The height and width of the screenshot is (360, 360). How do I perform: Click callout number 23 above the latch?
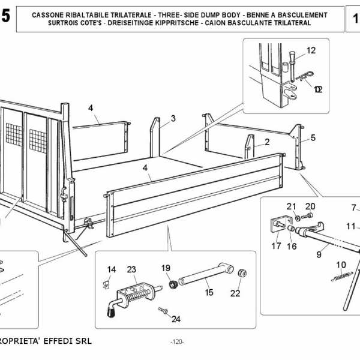point(132,269)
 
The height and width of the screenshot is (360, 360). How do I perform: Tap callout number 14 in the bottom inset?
point(112,269)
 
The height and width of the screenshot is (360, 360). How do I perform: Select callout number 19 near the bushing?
point(166,268)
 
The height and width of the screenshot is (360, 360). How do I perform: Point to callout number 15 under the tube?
point(209,293)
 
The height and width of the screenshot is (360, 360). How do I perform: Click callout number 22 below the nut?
point(235,293)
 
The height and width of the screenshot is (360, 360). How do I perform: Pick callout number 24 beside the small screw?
point(176,319)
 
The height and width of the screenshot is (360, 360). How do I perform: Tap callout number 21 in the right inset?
point(291,207)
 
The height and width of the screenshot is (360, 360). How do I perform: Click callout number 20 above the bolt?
point(310,207)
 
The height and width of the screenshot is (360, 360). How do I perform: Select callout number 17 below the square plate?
point(276,245)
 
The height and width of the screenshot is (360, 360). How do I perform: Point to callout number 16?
point(292,245)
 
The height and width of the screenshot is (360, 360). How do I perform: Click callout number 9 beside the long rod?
point(319,254)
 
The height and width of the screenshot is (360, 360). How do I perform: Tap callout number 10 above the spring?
point(341,265)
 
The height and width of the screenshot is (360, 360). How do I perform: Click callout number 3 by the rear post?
point(173,118)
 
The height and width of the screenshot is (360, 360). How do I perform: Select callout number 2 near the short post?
point(266,142)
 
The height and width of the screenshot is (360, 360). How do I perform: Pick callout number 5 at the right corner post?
point(313,137)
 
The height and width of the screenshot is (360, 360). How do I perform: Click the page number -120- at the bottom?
point(177,341)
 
